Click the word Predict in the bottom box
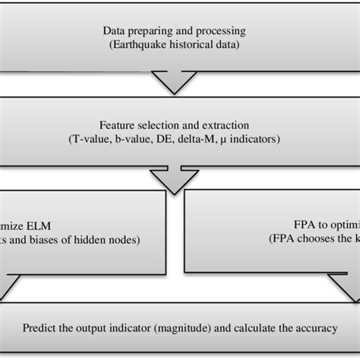[x=38, y=329]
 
